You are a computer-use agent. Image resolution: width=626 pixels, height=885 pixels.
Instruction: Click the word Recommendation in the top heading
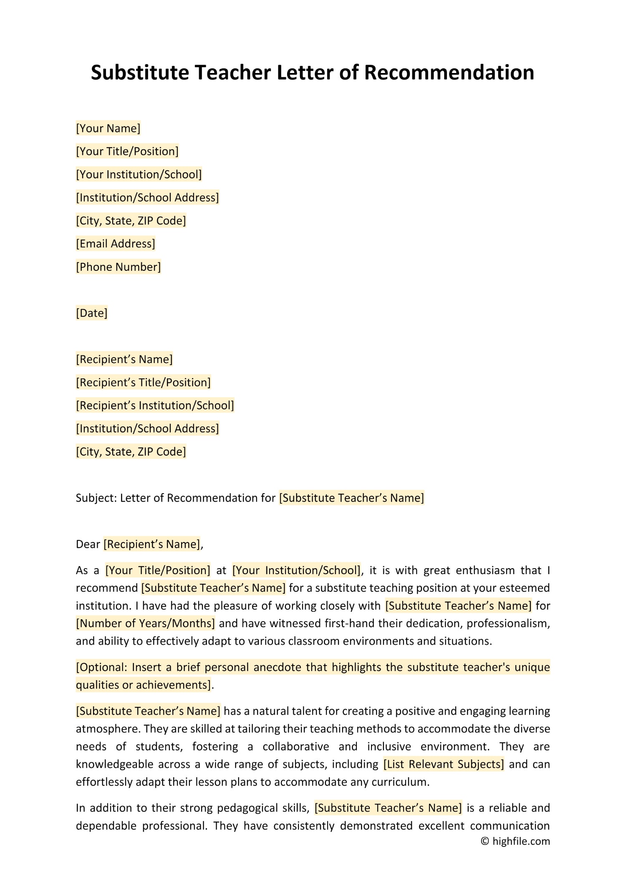[449, 73]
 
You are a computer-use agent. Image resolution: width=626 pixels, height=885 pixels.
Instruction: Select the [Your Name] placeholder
[108, 128]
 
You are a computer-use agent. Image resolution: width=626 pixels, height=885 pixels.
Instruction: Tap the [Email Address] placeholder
[116, 244]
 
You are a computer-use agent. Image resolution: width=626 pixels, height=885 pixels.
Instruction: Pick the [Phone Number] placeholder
[118, 267]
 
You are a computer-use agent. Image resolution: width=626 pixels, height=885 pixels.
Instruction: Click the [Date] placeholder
[91, 313]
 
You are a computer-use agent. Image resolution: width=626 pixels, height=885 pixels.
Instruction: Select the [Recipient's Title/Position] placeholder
[143, 382]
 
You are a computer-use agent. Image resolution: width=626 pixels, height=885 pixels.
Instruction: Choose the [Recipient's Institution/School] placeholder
[155, 406]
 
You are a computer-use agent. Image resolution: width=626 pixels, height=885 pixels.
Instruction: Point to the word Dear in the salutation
[88, 544]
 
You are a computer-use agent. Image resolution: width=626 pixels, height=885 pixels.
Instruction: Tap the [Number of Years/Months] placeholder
[145, 623]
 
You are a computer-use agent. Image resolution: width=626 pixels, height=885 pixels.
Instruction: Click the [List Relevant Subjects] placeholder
[444, 764]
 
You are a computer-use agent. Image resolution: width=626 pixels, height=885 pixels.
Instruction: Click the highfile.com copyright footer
[516, 841]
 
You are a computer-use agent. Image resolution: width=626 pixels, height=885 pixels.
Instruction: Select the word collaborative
[295, 746]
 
